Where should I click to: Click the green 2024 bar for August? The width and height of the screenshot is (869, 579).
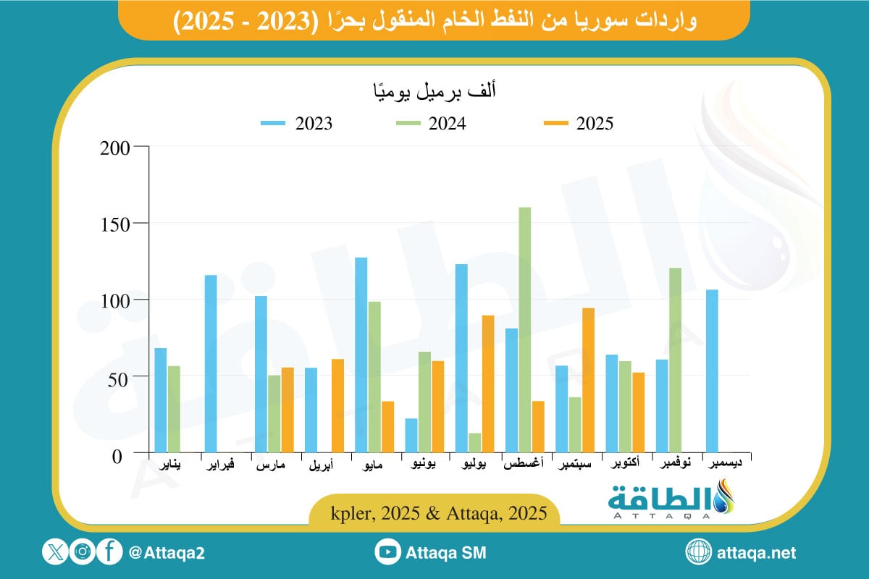[525, 330]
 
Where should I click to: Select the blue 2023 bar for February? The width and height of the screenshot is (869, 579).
[211, 364]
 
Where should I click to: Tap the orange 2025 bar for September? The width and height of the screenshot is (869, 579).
[589, 381]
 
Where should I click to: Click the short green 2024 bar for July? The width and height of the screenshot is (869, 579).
[474, 443]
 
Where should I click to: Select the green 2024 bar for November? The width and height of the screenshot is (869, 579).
[675, 360]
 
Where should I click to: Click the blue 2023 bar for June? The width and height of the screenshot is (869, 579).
[411, 436]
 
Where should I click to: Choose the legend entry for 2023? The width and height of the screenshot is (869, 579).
[296, 124]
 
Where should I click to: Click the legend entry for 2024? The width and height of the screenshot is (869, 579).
[432, 124]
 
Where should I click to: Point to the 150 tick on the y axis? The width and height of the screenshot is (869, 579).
[115, 223]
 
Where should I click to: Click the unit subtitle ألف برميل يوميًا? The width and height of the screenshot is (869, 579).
[432, 92]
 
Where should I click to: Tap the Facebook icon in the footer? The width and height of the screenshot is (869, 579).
[109, 552]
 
